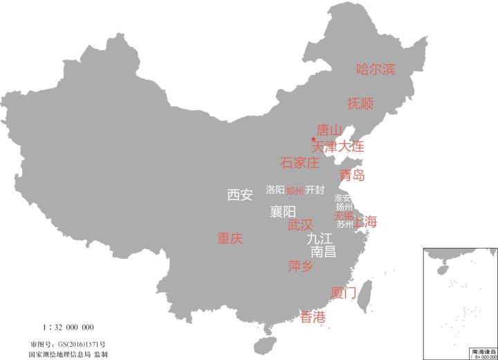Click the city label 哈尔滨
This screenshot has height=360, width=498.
[376, 69]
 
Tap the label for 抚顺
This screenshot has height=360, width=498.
[360, 104]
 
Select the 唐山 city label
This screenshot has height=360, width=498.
[329, 130]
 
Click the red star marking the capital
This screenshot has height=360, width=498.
[313, 140]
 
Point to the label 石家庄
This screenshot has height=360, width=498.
[300, 163]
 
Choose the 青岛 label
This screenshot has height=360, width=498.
[352, 175]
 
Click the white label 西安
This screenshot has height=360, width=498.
[240, 195]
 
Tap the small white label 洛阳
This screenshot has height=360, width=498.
[275, 190]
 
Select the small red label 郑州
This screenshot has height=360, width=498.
[295, 191]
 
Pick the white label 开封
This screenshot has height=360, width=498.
[315, 190]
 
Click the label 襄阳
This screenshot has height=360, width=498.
[283, 211]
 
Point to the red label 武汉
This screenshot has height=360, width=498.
[300, 225]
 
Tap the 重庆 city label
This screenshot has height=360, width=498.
[230, 239]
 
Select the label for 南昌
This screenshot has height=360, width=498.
[324, 251]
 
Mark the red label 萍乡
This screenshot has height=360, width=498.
[301, 267]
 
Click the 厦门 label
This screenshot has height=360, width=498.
[344, 293]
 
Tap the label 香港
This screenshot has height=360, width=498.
[313, 317]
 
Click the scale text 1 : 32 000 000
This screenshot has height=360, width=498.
[68, 327]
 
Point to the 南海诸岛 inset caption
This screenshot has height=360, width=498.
[482, 352]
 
